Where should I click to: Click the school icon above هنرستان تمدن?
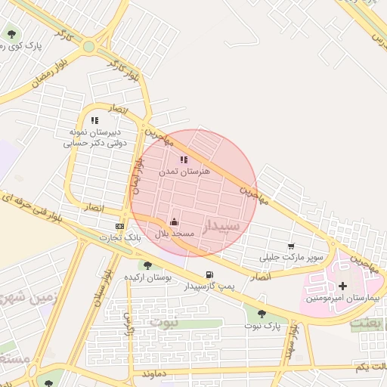pos(184,159)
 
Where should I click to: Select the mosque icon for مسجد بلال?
pos(175,222)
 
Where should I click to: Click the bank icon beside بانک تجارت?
pos(119,227)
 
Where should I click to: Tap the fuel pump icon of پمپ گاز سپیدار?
pos(209,275)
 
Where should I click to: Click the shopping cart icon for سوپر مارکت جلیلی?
pos(292,246)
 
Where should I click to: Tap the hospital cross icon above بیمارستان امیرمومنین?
pos(344,286)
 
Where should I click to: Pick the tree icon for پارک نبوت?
pos(262,313)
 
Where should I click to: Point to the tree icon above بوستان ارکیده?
pos(147,265)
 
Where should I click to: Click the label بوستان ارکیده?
pos(149,277)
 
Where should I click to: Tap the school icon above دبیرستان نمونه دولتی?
pos(94,120)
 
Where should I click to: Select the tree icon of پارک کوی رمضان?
pos(11,33)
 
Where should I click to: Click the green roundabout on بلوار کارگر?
pos(89,46)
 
